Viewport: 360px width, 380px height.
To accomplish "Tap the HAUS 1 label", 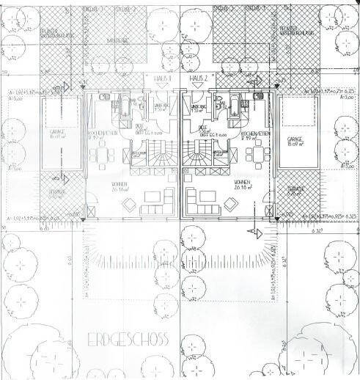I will pos(163,78).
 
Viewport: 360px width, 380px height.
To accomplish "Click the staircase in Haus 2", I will pos(198,155).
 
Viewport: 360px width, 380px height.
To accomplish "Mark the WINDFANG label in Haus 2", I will pos(199,109).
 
